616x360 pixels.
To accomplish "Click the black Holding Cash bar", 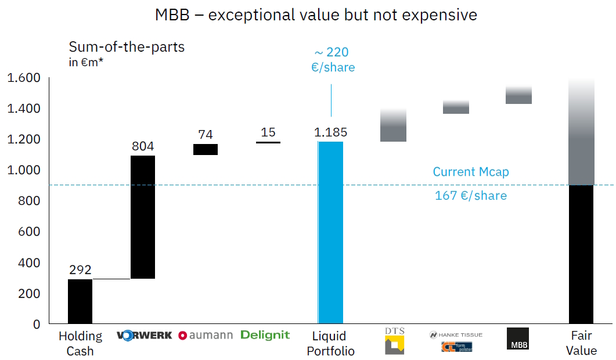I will coord(80,301).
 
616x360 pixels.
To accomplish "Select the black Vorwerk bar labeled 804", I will coord(143,217).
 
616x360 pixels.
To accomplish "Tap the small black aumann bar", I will coord(206,149).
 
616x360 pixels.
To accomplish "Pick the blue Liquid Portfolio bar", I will coord(330,232).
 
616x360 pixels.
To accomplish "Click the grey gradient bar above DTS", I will coord(393,125).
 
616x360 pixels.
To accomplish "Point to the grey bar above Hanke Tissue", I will coord(456,107).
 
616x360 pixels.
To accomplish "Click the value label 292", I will coord(80,270).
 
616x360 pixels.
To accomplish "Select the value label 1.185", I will coord(330,132).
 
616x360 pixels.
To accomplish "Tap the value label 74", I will coord(206,135).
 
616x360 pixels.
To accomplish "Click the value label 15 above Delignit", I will coord(268,132).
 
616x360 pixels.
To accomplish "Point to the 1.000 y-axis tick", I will coord(24,170).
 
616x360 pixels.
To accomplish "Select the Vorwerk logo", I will coord(144,335).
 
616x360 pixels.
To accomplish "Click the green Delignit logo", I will coord(265,335).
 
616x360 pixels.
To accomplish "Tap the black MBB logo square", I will coord(517,339).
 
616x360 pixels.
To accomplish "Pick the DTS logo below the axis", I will coord(394,341).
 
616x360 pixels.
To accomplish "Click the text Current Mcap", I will coord(471,172).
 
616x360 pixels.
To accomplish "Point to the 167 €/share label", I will coord(471,196).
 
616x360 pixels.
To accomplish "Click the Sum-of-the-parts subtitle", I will coord(127,47).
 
